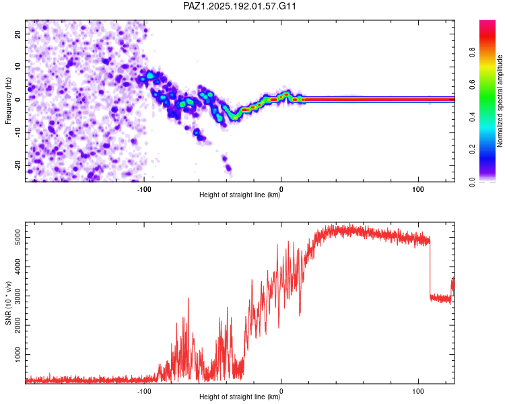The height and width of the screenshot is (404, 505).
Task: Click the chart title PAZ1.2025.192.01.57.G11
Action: pos(239,6)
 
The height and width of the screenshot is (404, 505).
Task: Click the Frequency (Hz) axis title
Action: pos(8,101)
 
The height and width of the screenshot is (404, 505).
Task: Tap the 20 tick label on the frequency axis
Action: pos(18,34)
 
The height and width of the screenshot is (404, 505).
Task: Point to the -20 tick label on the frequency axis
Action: pos(18,166)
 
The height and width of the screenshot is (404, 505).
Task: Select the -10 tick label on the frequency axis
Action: pos(18,132)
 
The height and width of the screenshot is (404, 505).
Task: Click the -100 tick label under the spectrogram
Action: pos(144,189)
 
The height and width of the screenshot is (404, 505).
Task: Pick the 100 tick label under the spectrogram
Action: pos(418,189)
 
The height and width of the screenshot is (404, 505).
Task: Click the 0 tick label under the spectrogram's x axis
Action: pos(281,189)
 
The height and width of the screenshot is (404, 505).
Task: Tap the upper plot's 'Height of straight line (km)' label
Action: pos(240,195)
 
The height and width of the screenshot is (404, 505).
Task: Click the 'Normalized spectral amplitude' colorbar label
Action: pos(500,101)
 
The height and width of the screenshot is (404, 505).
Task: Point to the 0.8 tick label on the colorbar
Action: pos(472,53)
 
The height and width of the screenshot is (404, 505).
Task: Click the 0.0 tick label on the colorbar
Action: pos(472,182)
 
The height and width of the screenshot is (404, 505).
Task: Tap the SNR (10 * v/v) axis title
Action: pos(8,303)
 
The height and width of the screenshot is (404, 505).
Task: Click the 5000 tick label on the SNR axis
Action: pos(18,238)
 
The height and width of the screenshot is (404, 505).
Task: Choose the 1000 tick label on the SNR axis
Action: pos(18,355)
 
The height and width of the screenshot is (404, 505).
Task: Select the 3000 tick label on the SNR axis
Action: pos(18,296)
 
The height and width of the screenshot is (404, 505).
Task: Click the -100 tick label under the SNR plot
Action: pos(144,391)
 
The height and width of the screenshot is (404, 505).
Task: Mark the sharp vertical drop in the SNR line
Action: pos(430,267)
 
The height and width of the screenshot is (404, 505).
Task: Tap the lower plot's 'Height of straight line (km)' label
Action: pos(240,397)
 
